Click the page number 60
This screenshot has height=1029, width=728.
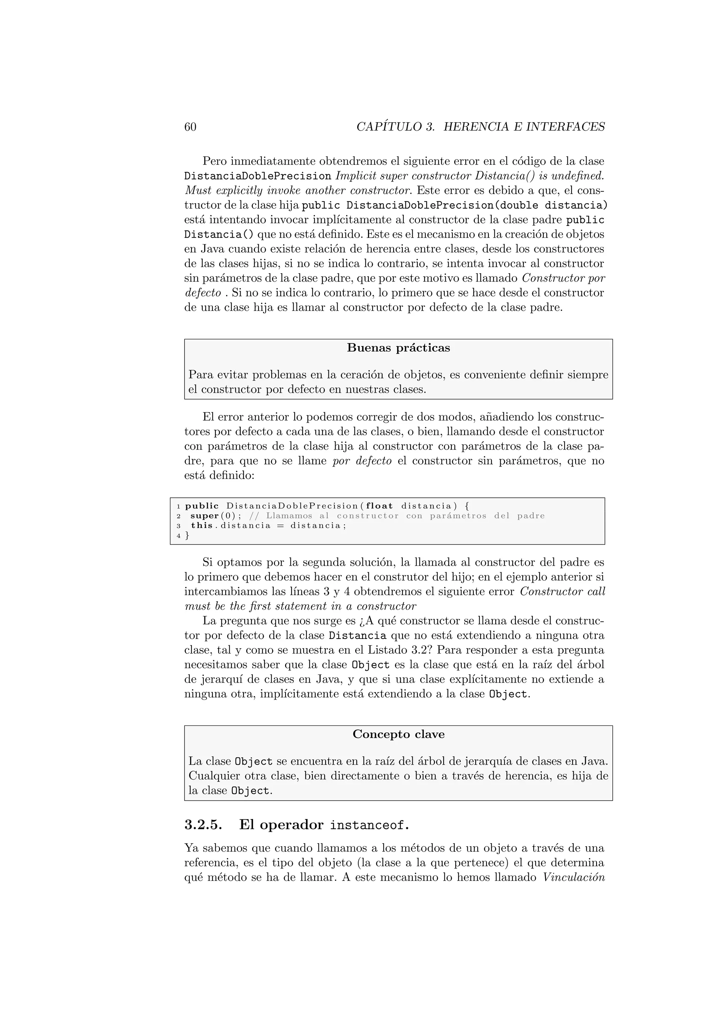190,127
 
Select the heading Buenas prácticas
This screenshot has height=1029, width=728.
398,348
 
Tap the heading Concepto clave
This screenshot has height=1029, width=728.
398,734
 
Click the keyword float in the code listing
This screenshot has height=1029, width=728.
379,506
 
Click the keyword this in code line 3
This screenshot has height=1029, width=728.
201,525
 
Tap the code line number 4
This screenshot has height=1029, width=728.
178,535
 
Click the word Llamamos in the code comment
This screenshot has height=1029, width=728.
289,516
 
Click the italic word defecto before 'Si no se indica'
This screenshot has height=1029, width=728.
203,293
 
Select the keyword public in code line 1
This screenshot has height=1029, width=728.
202,506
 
